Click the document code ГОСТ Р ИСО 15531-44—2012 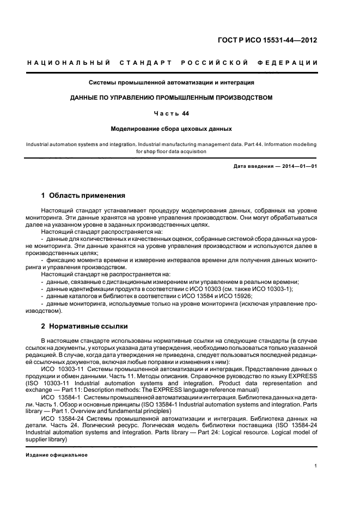click(x=268, y=40)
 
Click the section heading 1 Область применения click(x=83, y=195)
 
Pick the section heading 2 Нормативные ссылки click(x=85, y=326)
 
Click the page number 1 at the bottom click(x=316, y=465)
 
